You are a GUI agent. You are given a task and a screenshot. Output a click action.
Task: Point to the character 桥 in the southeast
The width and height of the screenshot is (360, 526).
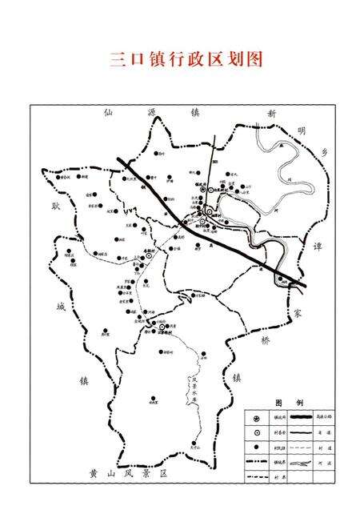(x=266, y=339)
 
